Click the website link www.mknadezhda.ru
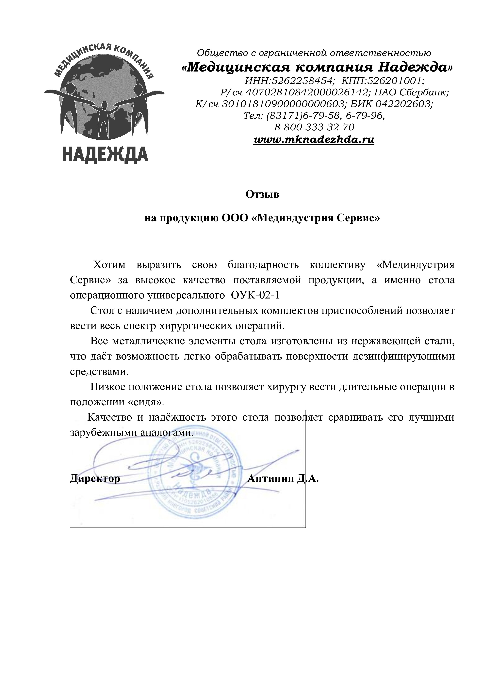click(x=314, y=140)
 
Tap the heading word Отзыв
click(x=262, y=195)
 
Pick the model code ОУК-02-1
click(x=255, y=295)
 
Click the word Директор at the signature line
click(x=95, y=478)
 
